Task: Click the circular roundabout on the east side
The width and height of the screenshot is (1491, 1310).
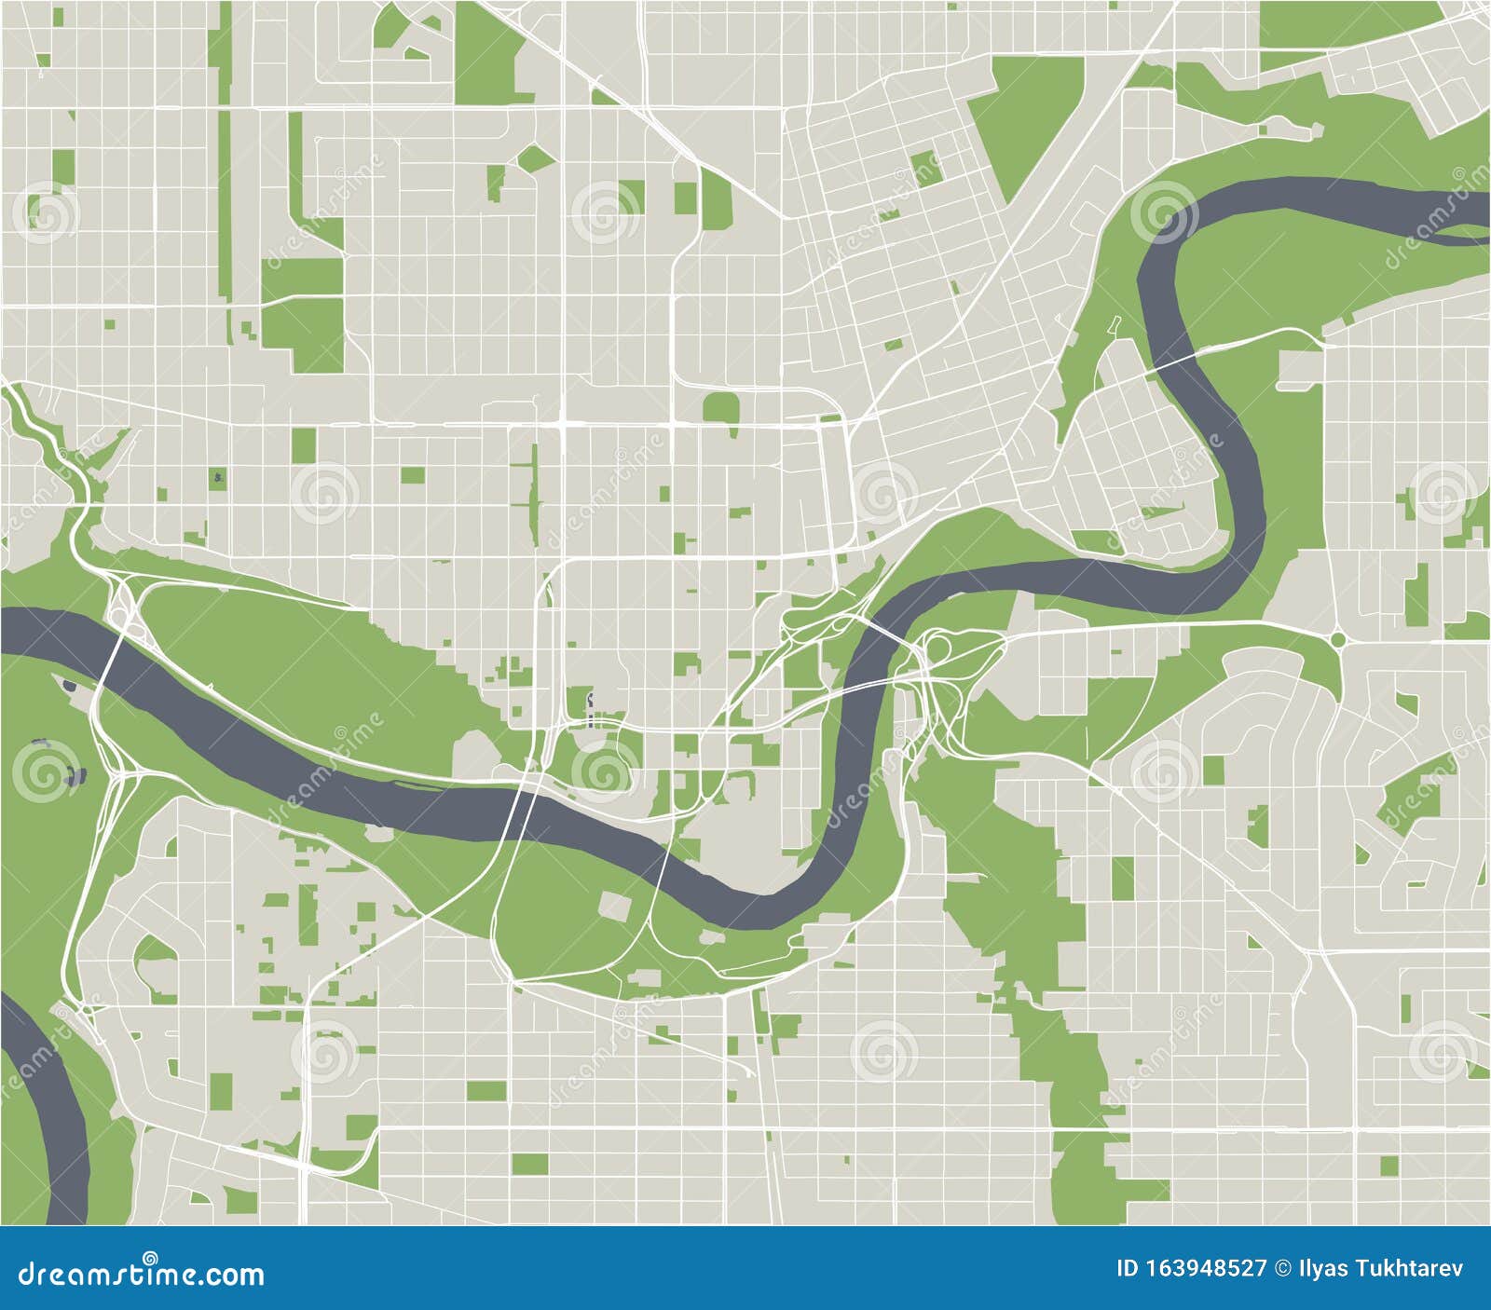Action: coord(1338,639)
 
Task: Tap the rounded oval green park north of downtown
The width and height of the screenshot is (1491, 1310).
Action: coord(720,407)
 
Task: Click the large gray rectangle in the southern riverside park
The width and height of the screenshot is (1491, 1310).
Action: coord(614,905)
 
